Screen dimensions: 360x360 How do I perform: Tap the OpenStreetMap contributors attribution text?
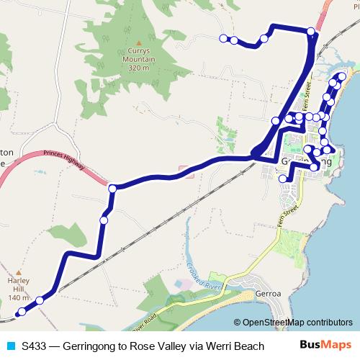[x=293, y=323]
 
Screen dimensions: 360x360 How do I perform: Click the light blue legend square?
[x=10, y=346]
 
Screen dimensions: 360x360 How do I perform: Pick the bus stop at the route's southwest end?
[x=22, y=312]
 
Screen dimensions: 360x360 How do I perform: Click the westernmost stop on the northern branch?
[x=223, y=38]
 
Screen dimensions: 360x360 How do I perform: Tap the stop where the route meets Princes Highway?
[x=112, y=189]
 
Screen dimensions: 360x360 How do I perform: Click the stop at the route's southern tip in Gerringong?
[x=282, y=179]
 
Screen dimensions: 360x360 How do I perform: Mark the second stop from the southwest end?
[x=40, y=301]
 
